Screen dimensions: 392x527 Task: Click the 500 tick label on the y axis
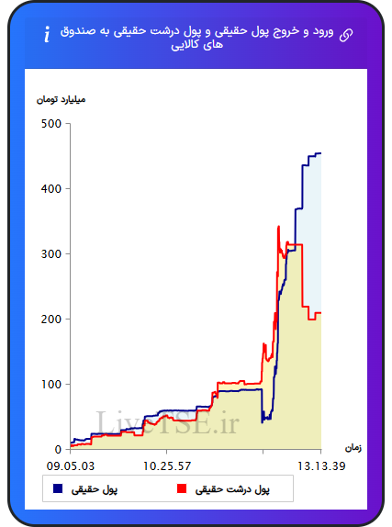tap(51, 124)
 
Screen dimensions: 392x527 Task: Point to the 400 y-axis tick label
tap(51, 189)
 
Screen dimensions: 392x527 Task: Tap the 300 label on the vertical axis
tap(51, 254)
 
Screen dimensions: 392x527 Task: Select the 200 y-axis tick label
tap(51, 320)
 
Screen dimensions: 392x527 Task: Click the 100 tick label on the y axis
tap(51, 385)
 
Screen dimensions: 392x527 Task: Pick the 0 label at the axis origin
tap(58, 449)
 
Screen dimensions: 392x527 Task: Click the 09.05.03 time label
tap(71, 466)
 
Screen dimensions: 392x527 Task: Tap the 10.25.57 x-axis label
tap(167, 466)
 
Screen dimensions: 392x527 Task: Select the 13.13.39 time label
tap(321, 466)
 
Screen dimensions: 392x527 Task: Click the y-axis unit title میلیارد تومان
tap(62, 100)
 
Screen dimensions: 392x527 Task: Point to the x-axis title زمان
tap(353, 448)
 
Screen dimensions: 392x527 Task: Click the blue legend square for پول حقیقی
tap(58, 488)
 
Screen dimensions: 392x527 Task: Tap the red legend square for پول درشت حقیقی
tap(182, 488)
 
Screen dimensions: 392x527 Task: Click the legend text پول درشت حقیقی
tap(232, 489)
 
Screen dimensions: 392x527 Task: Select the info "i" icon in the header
tap(47, 34)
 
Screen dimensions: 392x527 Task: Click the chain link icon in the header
tap(346, 35)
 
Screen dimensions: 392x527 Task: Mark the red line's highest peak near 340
tap(278, 227)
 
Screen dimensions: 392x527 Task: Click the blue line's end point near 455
tap(320, 153)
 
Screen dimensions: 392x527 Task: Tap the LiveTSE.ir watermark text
tap(167, 423)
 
